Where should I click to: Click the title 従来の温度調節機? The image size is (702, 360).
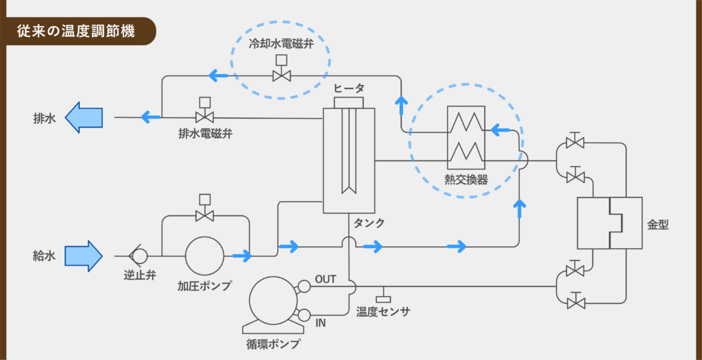point(75,32)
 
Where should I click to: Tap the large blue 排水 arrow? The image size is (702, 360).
point(84,117)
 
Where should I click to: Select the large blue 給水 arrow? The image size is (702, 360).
point(84,256)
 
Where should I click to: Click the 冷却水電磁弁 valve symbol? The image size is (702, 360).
point(282,70)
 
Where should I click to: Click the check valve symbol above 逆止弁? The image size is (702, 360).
point(137,256)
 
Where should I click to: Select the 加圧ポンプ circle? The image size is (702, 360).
point(204,256)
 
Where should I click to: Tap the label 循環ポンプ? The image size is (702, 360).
point(273,345)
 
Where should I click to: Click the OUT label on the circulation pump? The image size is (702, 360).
point(326,280)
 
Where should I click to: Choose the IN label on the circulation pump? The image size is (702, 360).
point(321,322)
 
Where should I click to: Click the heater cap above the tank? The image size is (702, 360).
point(349,102)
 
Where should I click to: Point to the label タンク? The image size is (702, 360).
point(369,223)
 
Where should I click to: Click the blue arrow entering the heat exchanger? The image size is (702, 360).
point(500,130)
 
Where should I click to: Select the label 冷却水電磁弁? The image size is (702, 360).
point(282,44)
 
